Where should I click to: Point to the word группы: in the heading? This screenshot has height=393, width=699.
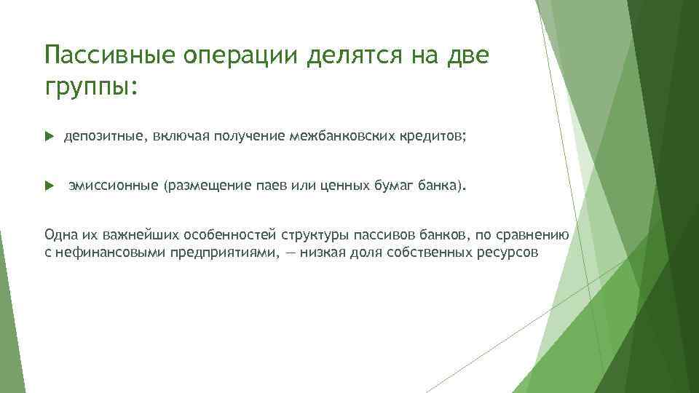pyautogui.click(x=90, y=87)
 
